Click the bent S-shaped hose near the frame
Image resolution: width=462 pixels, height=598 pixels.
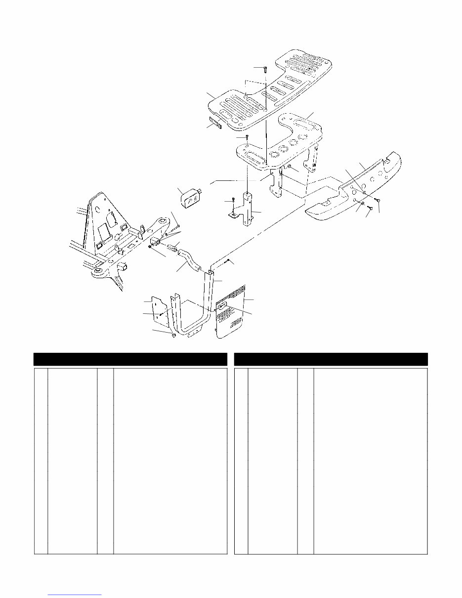[x=189, y=260]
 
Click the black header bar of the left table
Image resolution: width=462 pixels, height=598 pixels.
[x=130, y=359]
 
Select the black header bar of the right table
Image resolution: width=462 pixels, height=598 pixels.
[x=331, y=359]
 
